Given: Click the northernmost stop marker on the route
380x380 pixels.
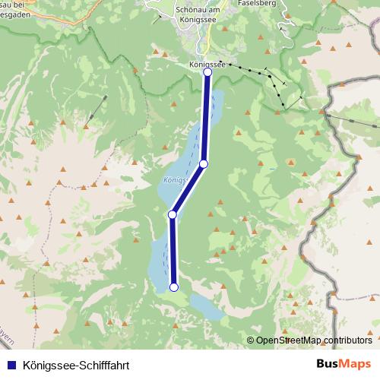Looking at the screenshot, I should tap(207, 72).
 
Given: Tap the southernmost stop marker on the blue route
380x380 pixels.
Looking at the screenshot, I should tap(174, 287).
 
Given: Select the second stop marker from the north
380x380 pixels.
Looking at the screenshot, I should tap(204, 163).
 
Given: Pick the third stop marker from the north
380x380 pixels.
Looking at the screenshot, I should tap(173, 215).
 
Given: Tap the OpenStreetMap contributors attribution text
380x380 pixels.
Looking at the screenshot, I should tap(314, 340).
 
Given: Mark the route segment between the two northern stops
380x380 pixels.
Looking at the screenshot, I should tap(206, 118).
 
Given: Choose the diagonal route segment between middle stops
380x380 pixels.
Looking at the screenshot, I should tap(188, 189).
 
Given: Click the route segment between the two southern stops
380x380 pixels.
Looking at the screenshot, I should tap(173, 251).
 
